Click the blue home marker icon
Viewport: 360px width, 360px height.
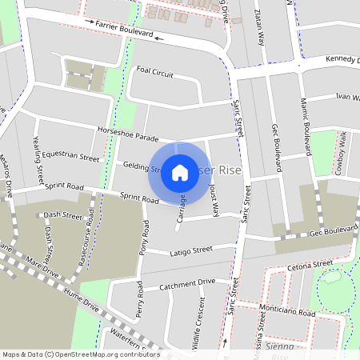click(180, 172)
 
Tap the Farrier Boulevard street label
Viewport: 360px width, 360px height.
click(124, 31)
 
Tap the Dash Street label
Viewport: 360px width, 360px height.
click(63, 215)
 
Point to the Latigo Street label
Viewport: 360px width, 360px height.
click(191, 252)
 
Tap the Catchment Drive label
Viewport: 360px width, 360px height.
click(187, 283)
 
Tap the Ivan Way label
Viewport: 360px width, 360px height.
click(345, 96)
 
